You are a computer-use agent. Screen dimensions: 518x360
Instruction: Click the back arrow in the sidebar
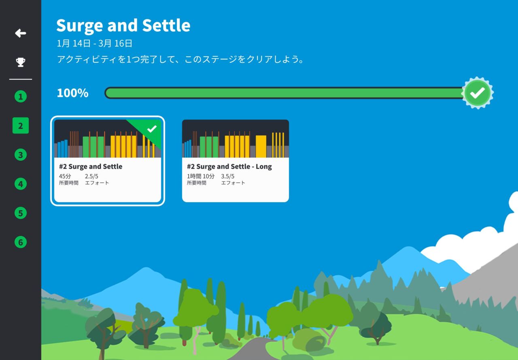(x=21, y=33)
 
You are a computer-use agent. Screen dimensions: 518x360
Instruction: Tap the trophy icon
(x=21, y=62)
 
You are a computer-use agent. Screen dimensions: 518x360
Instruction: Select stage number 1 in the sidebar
(x=21, y=96)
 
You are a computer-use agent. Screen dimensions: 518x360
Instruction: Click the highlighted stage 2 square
(x=21, y=126)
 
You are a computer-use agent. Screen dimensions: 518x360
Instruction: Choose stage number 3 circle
(x=21, y=155)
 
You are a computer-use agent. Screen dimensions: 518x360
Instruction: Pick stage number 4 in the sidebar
(x=21, y=184)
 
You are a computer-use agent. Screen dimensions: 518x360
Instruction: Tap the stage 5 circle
(x=21, y=213)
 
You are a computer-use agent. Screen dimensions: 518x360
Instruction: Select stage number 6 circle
(x=21, y=242)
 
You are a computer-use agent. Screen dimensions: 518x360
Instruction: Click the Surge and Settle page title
(x=123, y=26)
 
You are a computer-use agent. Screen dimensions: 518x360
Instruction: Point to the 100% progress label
(x=72, y=93)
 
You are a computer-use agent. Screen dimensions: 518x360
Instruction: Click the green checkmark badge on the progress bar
(x=478, y=93)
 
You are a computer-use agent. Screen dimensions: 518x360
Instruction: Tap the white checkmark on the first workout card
(x=152, y=129)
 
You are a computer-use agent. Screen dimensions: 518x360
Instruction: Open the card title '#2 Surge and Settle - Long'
(x=229, y=166)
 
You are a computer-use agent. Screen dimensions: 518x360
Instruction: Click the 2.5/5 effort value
(x=91, y=176)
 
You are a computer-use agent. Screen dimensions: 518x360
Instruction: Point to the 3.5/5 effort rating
(x=228, y=176)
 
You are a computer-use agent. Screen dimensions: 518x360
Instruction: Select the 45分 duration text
(x=65, y=176)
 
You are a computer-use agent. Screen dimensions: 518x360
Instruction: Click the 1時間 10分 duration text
(x=201, y=176)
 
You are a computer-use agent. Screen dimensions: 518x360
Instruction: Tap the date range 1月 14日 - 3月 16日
(x=94, y=43)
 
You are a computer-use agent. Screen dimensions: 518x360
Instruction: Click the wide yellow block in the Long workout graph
(x=261, y=146)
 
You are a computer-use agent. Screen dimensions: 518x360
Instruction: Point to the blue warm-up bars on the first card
(x=62, y=149)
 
